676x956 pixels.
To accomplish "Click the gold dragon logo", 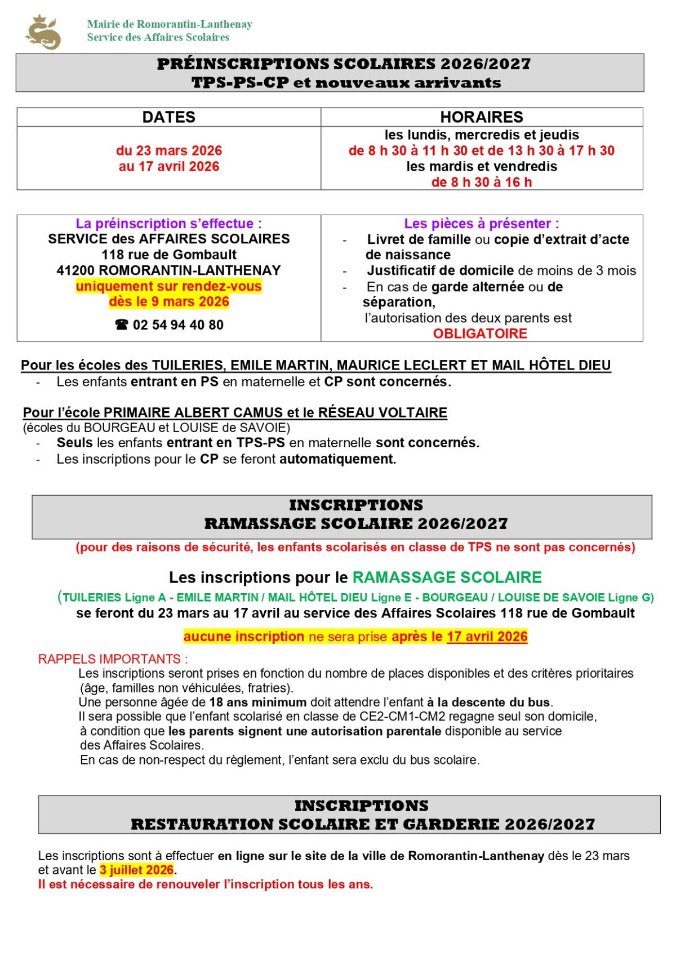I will (x=43, y=33).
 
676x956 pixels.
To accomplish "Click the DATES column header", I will (x=168, y=117).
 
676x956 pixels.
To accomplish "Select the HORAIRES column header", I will (x=482, y=117).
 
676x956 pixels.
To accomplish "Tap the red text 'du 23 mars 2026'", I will (x=169, y=151).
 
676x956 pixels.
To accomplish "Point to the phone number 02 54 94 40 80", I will (x=178, y=325).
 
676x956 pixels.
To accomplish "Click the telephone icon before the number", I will (x=121, y=325).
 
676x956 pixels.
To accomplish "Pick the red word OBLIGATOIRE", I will (x=480, y=334).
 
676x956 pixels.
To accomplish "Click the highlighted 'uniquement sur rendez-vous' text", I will (x=169, y=286).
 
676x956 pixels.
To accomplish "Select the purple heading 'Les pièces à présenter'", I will (x=481, y=224).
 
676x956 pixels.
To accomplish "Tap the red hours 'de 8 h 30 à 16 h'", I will (x=482, y=182).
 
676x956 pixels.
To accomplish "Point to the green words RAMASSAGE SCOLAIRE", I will (x=447, y=577).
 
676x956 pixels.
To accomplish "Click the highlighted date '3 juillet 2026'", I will (x=137, y=870).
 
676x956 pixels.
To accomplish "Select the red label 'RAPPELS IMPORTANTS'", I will (x=113, y=659).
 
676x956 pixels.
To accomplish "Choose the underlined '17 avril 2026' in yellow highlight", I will (x=487, y=637).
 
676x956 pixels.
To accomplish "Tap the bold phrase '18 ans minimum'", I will (x=257, y=702).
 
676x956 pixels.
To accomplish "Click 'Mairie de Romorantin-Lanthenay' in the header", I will (x=170, y=24).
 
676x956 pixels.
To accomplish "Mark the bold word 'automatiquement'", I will (x=337, y=459).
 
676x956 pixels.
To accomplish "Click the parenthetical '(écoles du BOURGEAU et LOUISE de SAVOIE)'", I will (x=157, y=428).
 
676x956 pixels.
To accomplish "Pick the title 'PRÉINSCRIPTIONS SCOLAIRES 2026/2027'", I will (x=344, y=64).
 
